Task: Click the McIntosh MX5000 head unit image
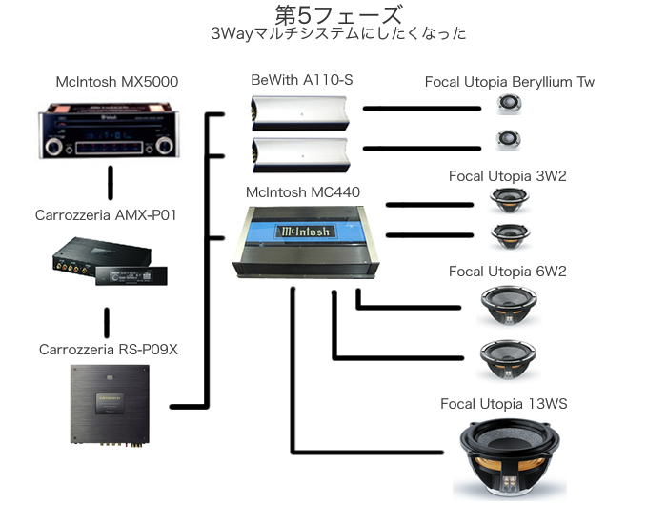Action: tap(111, 132)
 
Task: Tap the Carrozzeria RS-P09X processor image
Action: tap(108, 405)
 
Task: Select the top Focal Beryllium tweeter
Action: tap(506, 104)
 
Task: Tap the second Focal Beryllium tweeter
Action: tap(506, 140)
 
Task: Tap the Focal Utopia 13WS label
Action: tap(503, 404)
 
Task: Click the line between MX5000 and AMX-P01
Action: tap(111, 180)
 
